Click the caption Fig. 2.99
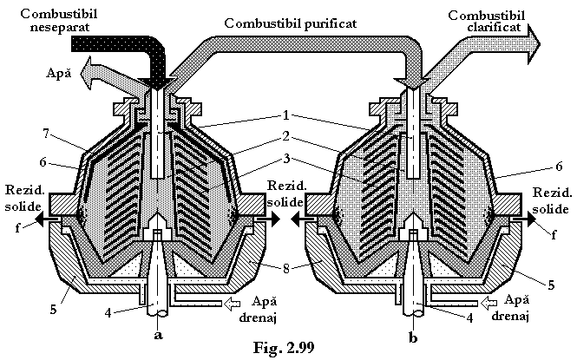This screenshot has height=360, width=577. click(x=284, y=348)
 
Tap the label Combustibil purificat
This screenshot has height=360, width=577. click(x=291, y=23)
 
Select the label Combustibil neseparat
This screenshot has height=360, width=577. click(x=59, y=21)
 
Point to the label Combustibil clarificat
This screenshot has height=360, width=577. click(x=487, y=22)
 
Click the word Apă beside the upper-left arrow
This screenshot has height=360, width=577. click(x=58, y=73)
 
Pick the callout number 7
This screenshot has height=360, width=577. click(x=46, y=133)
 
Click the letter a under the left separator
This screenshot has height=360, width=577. click(x=158, y=335)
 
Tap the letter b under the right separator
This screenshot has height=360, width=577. click(x=413, y=337)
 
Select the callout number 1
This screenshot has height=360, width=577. click(x=286, y=116)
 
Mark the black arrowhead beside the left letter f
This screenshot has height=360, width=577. click(x=40, y=219)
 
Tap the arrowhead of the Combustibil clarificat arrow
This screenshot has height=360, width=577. click(x=534, y=43)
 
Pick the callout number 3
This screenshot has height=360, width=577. click(x=286, y=159)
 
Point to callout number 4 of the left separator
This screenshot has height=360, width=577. click(x=108, y=313)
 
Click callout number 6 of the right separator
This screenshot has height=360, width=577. click(x=559, y=167)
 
